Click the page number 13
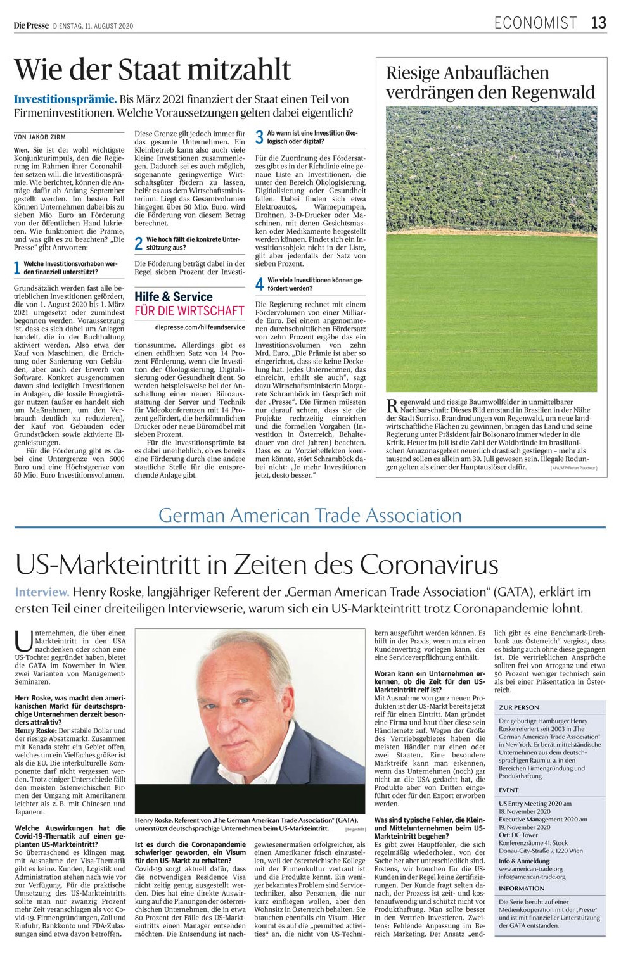pyautogui.click(x=599, y=23)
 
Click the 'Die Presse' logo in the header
pyautogui.click(x=31, y=26)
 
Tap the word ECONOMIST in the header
pyautogui.click(x=535, y=23)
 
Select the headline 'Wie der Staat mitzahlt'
pyautogui.click(x=153, y=69)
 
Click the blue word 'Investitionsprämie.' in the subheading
pyautogui.click(x=65, y=99)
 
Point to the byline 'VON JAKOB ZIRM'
pyautogui.click(x=40, y=137)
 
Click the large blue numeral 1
pyautogui.click(x=17, y=268)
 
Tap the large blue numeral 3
pyautogui.click(x=259, y=137)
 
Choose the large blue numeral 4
pyautogui.click(x=259, y=284)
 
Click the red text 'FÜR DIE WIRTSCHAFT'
pyautogui.click(x=189, y=311)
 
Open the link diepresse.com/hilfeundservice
pyautogui.click(x=200, y=327)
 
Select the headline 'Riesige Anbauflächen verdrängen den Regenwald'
pyautogui.click(x=490, y=82)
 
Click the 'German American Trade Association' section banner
pyautogui.click(x=310, y=515)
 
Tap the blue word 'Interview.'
pyautogui.click(x=42, y=592)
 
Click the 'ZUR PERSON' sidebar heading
pyautogui.click(x=519, y=707)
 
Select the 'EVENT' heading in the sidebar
pyautogui.click(x=509, y=790)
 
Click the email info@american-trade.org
pyautogui.click(x=532, y=877)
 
